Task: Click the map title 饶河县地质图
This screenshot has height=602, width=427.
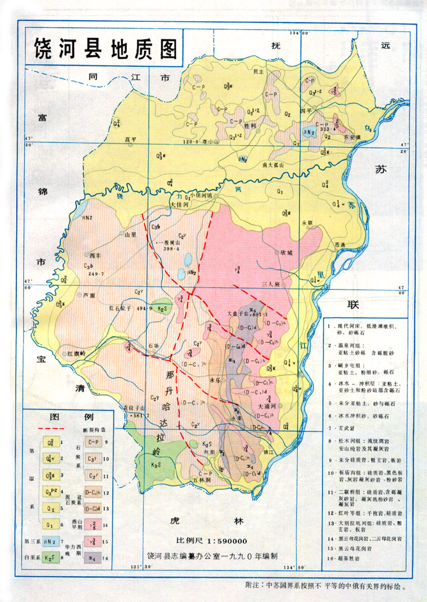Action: point(104,45)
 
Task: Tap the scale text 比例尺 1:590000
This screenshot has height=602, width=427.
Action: point(212,541)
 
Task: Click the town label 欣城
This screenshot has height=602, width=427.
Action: point(287,253)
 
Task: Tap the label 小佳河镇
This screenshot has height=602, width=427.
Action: point(201,195)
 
